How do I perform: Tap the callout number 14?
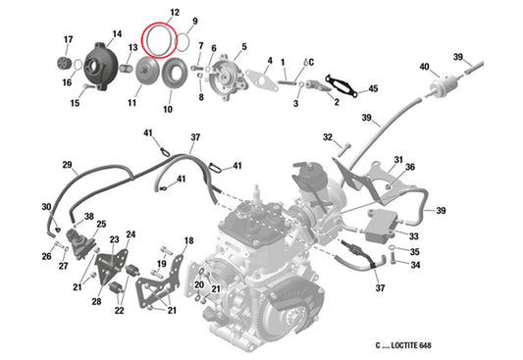pyautogui.click(x=117, y=34)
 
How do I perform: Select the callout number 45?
pyautogui.click(x=372, y=90)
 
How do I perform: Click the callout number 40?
pyautogui.click(x=424, y=67)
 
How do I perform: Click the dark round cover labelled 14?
pyautogui.click(x=102, y=62)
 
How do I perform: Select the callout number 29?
pyautogui.click(x=68, y=164)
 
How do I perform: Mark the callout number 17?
pyautogui.click(x=68, y=39)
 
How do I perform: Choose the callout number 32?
pyautogui.click(x=328, y=137)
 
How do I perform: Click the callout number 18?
pyautogui.click(x=188, y=240)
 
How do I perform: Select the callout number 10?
pyautogui.click(x=167, y=109)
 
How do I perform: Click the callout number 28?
pyautogui.click(x=96, y=301)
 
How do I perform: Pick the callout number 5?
pyautogui.click(x=243, y=46)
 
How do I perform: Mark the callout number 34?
pyautogui.click(x=416, y=264)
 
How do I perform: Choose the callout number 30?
pyautogui.click(x=45, y=207)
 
